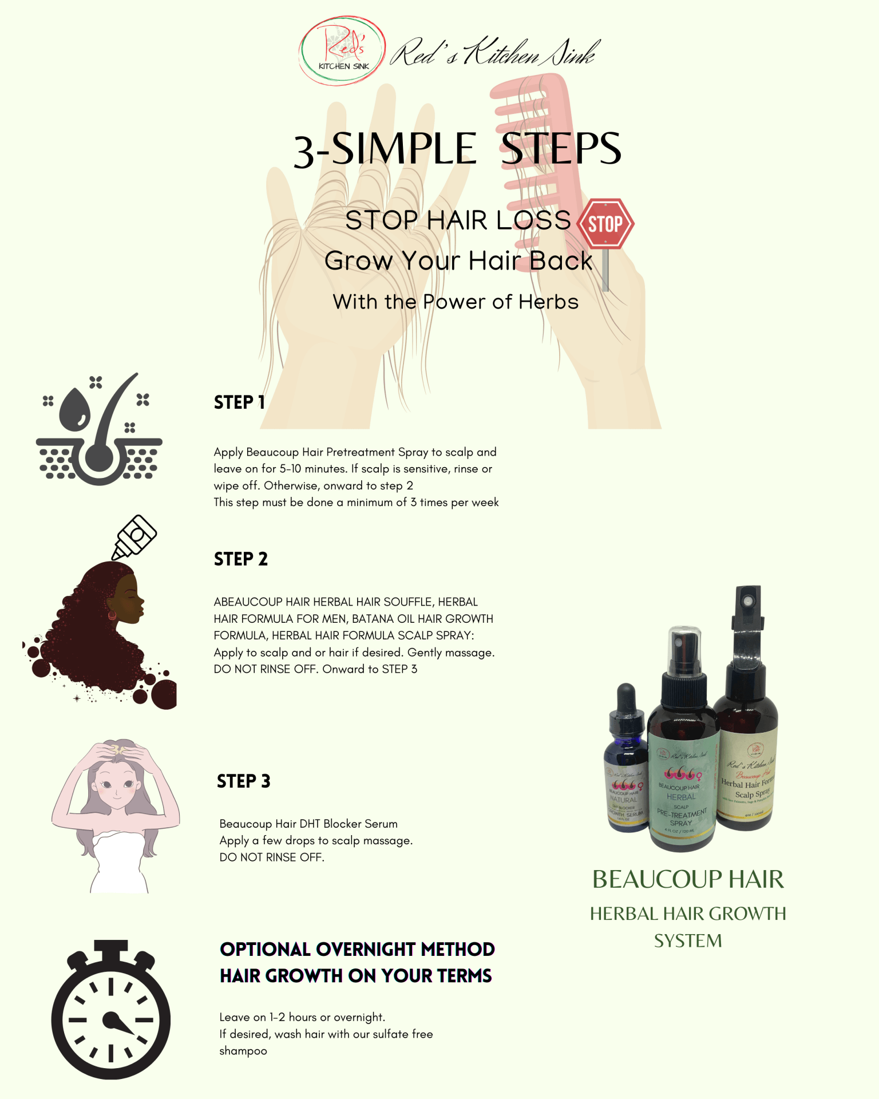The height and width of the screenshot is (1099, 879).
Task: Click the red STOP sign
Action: click(605, 224)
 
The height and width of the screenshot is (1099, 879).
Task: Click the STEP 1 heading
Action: click(239, 402)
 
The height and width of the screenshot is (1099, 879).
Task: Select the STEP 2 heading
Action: click(241, 559)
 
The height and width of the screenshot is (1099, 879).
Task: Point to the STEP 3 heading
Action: click(243, 781)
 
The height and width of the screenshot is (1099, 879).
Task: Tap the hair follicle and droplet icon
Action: click(99, 429)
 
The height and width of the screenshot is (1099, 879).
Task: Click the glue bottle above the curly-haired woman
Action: click(134, 537)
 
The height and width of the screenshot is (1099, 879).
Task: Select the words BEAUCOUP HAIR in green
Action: click(688, 880)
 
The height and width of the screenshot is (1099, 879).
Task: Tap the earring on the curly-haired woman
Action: click(112, 616)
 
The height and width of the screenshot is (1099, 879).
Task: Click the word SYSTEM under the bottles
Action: click(688, 941)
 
